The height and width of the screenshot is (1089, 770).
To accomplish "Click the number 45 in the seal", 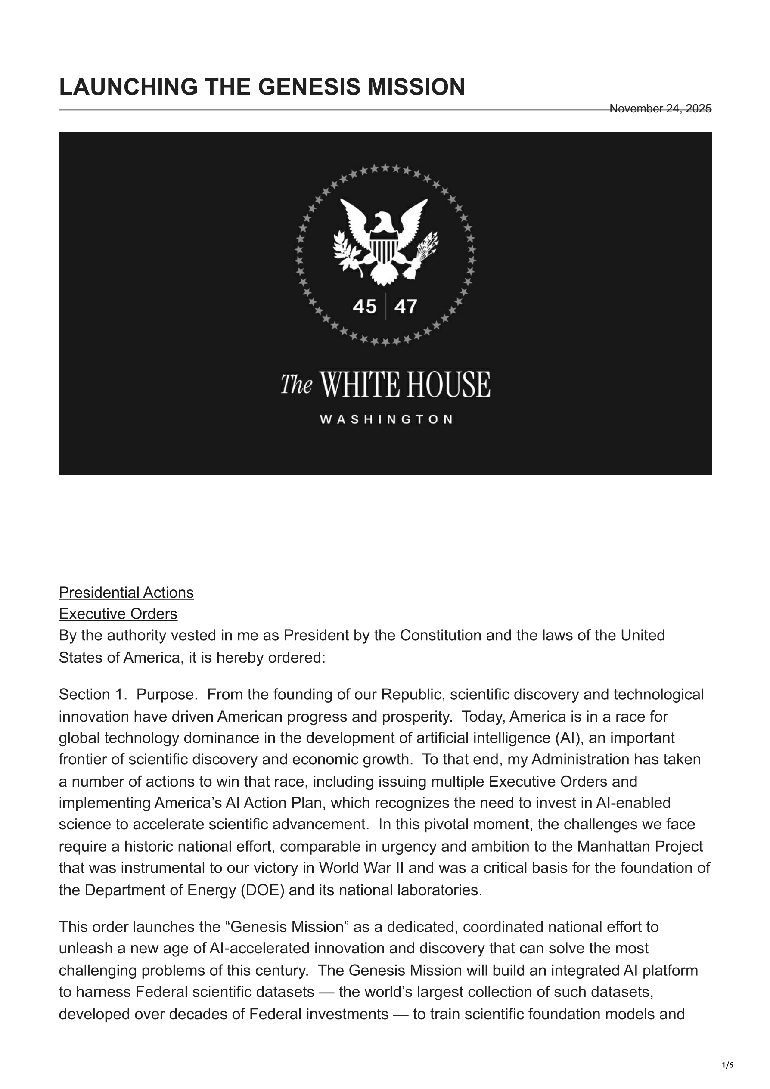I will [x=364, y=307].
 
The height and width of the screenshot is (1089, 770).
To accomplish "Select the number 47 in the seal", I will [x=406, y=307].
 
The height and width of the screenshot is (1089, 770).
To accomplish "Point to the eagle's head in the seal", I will [x=382, y=221].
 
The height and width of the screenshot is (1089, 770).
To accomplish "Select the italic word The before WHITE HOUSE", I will [x=296, y=384].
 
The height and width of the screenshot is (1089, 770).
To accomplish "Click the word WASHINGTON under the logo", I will [x=386, y=419].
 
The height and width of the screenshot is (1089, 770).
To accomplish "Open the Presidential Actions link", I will [x=126, y=593].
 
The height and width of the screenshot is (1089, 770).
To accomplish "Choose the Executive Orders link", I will [x=118, y=614].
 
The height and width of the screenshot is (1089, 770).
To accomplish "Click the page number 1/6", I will [x=727, y=1065].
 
